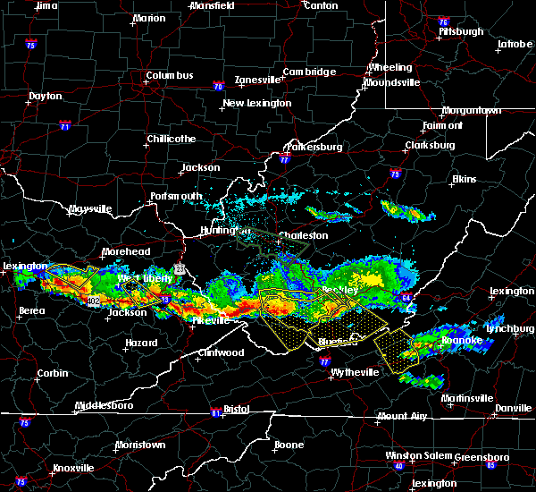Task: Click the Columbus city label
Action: point(170,76)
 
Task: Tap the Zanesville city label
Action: point(257,80)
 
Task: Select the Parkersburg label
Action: point(314,146)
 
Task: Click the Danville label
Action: point(513,408)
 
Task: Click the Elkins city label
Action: point(465,179)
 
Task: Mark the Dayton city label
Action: point(46,96)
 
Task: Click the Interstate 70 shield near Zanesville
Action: point(218,87)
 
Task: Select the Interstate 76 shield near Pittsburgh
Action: point(443,20)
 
